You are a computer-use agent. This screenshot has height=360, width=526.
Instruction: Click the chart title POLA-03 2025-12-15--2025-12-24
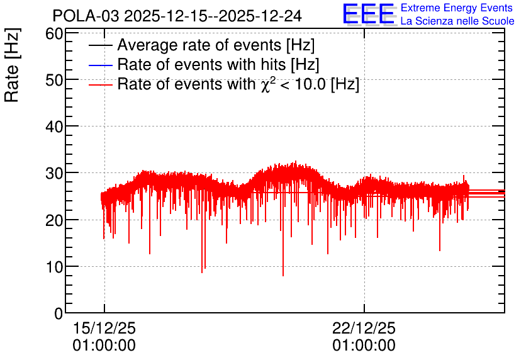pyautogui.click(x=177, y=16)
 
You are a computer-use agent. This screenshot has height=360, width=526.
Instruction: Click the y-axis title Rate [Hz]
pyautogui.click(x=12, y=65)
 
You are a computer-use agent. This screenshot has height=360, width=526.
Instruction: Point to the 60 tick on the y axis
pyautogui.click(x=54, y=34)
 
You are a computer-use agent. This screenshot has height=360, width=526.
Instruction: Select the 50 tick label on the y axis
pyautogui.click(x=54, y=80)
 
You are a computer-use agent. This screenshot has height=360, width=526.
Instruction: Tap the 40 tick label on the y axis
pyautogui.click(x=54, y=127)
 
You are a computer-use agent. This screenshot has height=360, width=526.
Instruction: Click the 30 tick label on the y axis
pyautogui.click(x=54, y=174)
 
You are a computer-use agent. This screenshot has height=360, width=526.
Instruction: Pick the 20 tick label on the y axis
pyautogui.click(x=54, y=220)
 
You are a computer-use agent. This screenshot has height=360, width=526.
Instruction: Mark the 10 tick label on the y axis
pyautogui.click(x=54, y=267)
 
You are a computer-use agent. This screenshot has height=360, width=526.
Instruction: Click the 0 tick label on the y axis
pyautogui.click(x=59, y=313)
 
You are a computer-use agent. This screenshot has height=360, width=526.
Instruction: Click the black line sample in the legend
pyautogui.click(x=100, y=45)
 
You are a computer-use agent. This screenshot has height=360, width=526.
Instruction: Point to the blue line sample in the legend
pyautogui.click(x=100, y=65)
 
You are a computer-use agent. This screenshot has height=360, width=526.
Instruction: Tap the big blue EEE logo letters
pyautogui.click(x=368, y=14)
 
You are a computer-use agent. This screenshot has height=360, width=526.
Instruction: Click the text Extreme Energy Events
pyautogui.click(x=457, y=8)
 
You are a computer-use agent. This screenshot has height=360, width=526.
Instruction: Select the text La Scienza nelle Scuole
pyautogui.click(x=457, y=21)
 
